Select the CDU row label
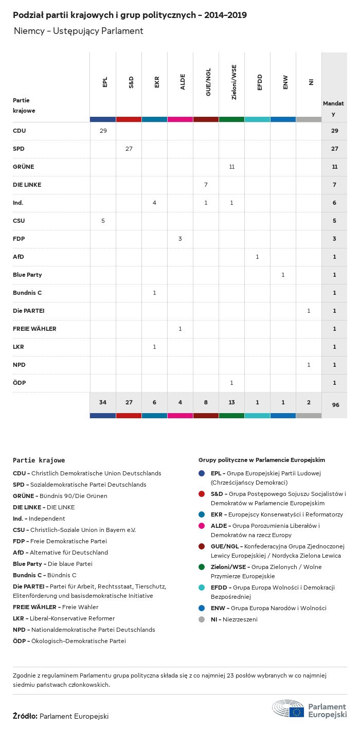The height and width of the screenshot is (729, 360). click(20, 131)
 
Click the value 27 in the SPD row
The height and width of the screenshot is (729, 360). click(129, 149)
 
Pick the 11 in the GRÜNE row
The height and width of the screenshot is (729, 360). click(231, 167)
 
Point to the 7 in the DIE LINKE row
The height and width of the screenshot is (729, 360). click(206, 185)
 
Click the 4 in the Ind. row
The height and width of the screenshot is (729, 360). click(154, 203)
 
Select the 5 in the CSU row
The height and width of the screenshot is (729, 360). click(103, 221)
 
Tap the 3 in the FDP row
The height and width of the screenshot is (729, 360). click(180, 239)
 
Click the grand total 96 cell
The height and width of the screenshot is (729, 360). click(335, 405)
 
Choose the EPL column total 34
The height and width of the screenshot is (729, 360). click(103, 402)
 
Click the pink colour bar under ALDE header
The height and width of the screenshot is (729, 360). click(180, 119)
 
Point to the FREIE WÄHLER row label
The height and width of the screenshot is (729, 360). click(34, 329)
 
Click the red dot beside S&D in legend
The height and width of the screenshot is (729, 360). click(202, 494)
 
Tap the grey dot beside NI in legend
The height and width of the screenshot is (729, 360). click(202, 619)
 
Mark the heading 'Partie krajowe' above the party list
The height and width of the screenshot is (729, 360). click(39, 460)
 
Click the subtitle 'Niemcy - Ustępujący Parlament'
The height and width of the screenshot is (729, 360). click(78, 31)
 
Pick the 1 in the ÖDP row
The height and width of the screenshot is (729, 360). click(231, 383)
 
